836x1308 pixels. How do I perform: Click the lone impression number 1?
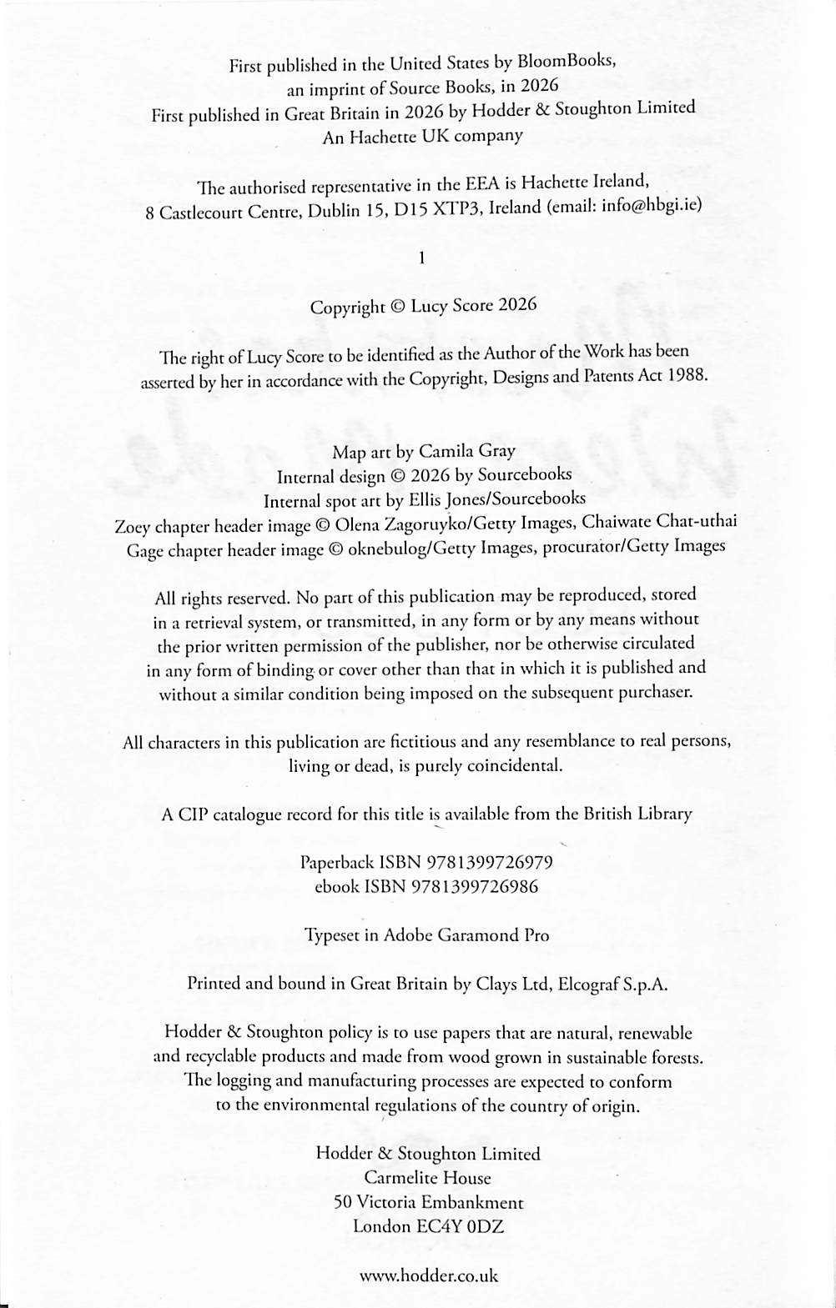[422, 258]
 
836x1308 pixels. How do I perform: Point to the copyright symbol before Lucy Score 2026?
[397, 307]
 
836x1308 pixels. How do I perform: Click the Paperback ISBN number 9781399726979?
[489, 862]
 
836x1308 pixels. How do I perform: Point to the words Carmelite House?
[427, 1178]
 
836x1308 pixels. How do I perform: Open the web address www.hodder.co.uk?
[428, 1275]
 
